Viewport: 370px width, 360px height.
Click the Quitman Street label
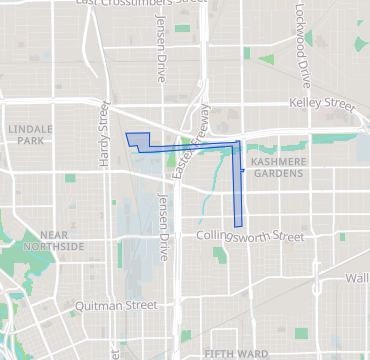[118, 305]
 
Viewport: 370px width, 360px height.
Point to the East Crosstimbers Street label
[126, 4]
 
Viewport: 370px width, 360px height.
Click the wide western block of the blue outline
[138, 141]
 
